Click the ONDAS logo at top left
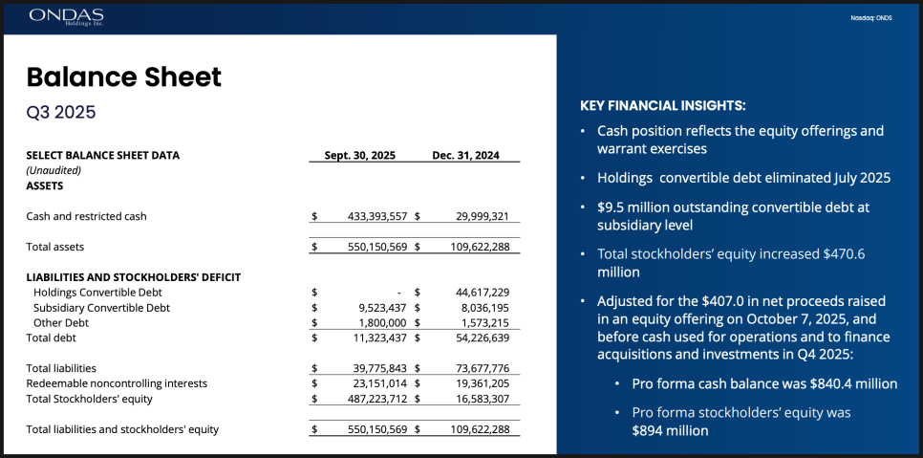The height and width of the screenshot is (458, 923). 66,16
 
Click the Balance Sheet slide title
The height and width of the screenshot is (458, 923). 123,76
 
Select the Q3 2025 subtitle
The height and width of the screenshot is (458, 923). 61,112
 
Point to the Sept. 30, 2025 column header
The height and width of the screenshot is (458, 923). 359,155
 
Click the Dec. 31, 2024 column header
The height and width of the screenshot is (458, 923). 465,155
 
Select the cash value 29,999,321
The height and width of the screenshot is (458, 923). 476,216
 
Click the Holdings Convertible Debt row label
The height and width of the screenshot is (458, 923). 97,292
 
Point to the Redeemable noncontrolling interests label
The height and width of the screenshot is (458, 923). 117,383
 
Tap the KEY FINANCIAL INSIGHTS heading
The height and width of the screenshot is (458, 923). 663,105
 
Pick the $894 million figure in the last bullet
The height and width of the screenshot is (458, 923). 670,430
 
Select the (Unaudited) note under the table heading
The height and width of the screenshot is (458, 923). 54,169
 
